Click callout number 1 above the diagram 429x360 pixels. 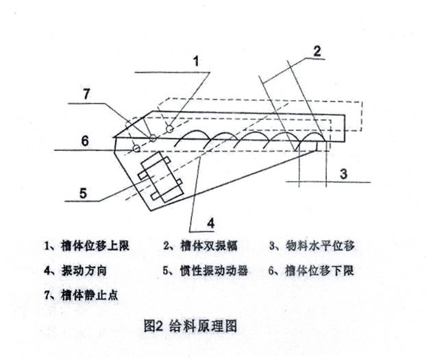197,61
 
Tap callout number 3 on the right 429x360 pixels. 343,173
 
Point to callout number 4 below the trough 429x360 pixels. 211,221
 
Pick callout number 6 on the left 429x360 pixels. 84,141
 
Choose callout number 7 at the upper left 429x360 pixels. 86,95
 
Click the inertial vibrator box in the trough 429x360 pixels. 160,176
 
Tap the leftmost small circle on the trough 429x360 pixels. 137,148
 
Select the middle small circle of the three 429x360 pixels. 154,139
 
